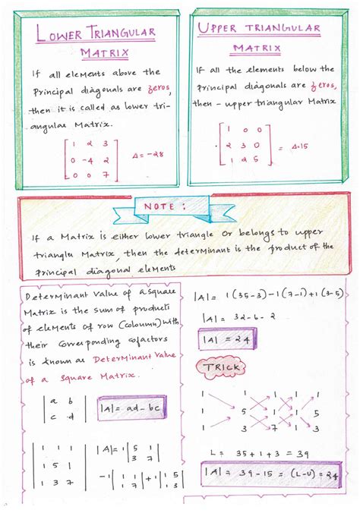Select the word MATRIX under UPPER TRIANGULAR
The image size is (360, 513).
click(256, 49)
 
